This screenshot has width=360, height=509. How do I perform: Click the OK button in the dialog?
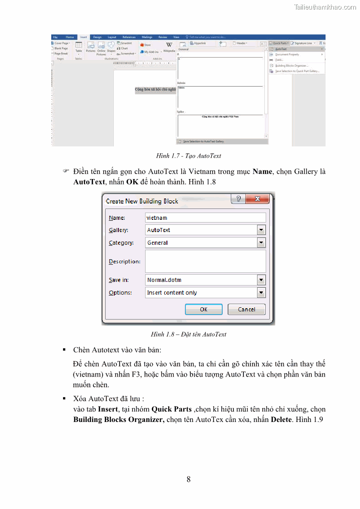(204, 309)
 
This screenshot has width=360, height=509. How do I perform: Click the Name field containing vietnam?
(205, 218)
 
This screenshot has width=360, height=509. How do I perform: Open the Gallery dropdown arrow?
(261, 230)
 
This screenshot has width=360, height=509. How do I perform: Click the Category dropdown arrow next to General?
(261, 243)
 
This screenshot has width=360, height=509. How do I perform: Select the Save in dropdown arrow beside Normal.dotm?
(261, 280)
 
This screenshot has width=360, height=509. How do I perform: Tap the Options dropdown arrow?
(261, 293)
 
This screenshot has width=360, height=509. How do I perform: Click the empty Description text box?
(205, 261)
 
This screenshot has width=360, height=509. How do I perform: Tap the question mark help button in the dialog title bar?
(238, 199)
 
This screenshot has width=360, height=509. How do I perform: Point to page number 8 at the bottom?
(189, 480)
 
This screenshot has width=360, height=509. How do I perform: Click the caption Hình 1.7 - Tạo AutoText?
(189, 156)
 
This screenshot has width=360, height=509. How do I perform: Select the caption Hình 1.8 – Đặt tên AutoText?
(189, 334)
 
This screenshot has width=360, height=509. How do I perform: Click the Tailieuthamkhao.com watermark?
(325, 7)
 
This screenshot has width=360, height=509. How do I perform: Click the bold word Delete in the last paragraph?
(282, 419)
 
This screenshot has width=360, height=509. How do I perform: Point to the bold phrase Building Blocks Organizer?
(119, 419)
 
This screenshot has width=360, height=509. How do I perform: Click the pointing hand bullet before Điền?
(65, 172)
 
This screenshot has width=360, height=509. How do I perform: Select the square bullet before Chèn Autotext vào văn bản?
(64, 350)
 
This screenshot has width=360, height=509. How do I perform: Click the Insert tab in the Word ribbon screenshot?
(83, 37)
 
